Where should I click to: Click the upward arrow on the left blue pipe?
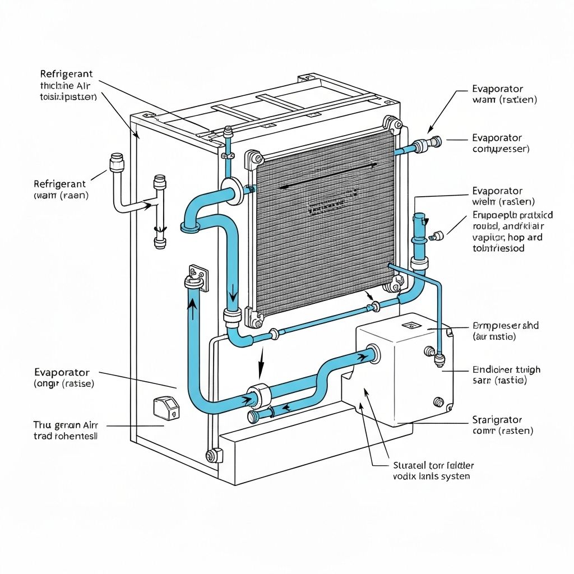[x=193, y=307]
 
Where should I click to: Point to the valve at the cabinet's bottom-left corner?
[x=212, y=455]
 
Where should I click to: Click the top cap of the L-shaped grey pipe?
[x=117, y=161]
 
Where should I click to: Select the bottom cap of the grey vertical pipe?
[x=160, y=243]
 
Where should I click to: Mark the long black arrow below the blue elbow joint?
[x=261, y=362]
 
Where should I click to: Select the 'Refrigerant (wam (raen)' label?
[x=60, y=189]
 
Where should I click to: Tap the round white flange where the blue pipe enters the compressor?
[x=372, y=354]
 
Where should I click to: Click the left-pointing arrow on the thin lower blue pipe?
[x=285, y=408]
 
